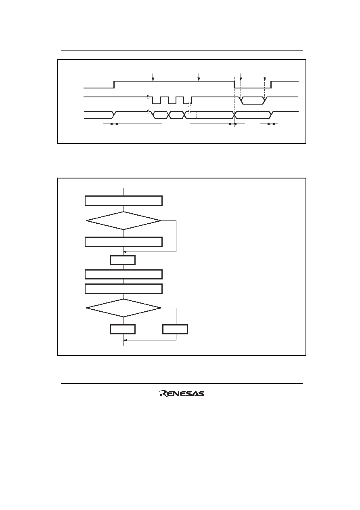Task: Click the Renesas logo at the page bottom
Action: tap(182, 393)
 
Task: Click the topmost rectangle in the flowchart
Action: tap(123, 201)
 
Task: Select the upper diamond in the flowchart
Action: tap(123, 220)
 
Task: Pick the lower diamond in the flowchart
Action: tap(123, 308)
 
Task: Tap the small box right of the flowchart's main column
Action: tap(175, 329)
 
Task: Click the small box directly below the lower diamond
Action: tap(123, 329)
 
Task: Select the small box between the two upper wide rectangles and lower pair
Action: tap(123, 260)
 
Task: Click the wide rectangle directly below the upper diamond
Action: tap(123, 242)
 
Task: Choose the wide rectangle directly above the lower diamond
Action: tap(123, 289)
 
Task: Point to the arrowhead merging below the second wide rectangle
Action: tap(124, 252)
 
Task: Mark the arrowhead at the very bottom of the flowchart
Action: tap(125, 340)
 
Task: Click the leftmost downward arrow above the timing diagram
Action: tap(153, 77)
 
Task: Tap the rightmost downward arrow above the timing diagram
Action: tap(265, 77)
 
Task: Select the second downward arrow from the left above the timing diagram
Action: tap(199, 77)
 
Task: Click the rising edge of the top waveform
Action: tap(114, 84)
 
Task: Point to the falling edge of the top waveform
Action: tap(234, 84)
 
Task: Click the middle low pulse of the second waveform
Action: tap(172, 101)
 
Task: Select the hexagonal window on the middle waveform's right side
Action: tap(253, 101)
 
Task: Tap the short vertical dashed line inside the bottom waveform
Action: tap(197, 115)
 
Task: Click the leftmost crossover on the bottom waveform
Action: tap(114, 115)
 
